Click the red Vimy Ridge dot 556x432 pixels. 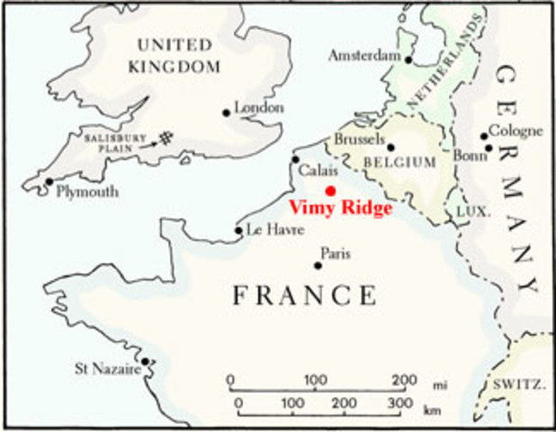(330, 190)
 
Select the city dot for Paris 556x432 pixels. (318, 265)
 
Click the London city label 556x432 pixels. (259, 108)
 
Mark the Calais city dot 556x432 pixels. (295, 159)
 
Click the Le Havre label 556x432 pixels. (271, 229)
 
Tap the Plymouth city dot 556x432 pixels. (49, 181)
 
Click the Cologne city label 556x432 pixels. (516, 130)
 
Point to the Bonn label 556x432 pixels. (468, 155)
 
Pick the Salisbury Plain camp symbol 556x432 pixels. (164, 138)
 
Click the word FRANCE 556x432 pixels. (305, 295)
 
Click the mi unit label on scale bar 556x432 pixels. (440, 384)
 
